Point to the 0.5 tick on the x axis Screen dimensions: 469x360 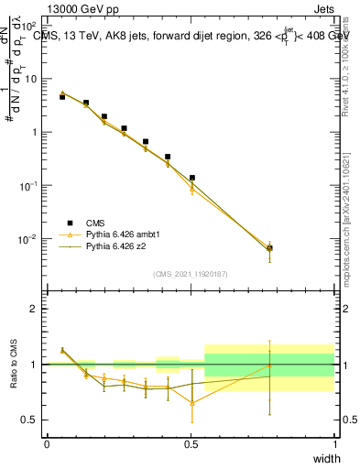click(191, 443)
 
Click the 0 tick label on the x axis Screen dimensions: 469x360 click(47, 443)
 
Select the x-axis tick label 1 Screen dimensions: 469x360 click(335, 443)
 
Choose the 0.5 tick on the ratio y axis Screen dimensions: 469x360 click(31, 420)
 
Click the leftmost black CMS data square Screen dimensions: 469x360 click(62, 96)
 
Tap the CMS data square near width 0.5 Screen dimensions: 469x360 click(192, 178)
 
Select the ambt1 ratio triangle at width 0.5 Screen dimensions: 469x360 click(192, 402)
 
